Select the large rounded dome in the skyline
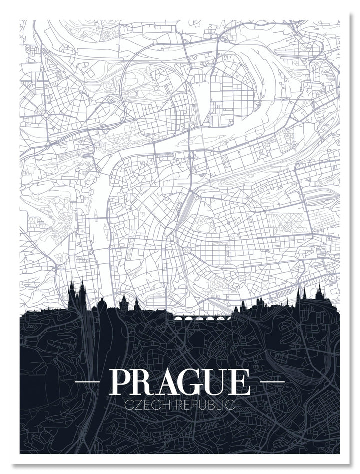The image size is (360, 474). (102, 305)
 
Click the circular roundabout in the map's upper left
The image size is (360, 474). (46, 115)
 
